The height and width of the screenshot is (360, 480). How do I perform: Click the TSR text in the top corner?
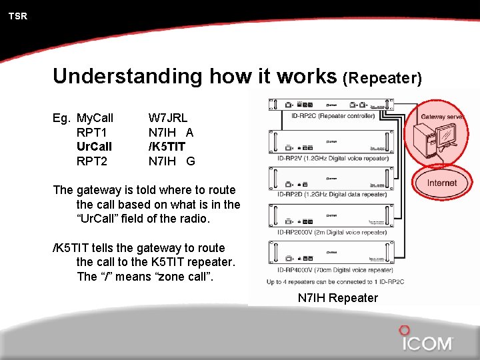tap(18, 16)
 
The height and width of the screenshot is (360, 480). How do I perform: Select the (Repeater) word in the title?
tap(382, 78)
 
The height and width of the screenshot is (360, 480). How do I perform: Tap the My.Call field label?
tap(95, 118)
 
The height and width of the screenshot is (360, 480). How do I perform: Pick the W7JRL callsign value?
tap(168, 118)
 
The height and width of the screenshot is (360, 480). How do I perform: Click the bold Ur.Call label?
tap(95, 146)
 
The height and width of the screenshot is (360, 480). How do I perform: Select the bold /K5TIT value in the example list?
tap(167, 146)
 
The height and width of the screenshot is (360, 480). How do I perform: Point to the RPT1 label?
tap(92, 132)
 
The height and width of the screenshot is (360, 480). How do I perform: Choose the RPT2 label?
tap(92, 160)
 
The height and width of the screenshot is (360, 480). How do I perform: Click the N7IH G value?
tap(171, 160)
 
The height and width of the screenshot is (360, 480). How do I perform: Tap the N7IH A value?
tap(171, 132)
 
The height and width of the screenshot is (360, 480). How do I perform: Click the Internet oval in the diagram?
tap(442, 183)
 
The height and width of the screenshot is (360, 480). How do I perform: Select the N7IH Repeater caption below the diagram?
tap(337, 298)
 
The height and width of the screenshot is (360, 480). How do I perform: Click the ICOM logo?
tap(427, 341)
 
